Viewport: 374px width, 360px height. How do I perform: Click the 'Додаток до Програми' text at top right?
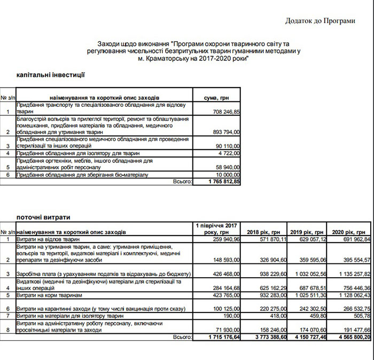tap(320, 21)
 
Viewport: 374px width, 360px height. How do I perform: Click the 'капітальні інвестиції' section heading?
tap(51, 76)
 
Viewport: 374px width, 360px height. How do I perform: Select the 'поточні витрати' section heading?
tap(44, 217)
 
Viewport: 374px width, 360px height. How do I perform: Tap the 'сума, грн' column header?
tap(217, 98)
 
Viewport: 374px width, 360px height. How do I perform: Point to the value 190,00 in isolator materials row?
tap(233, 316)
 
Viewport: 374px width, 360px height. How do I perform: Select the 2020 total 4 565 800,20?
tap(347, 338)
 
